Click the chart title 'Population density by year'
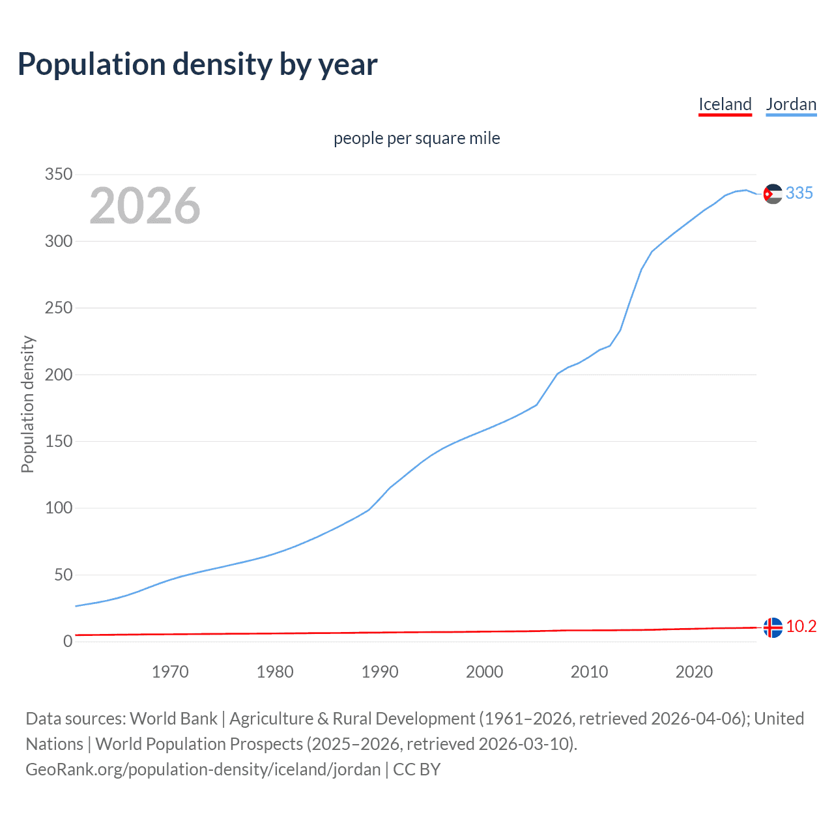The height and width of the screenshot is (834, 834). point(197,65)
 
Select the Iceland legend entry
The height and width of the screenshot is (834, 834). point(725,104)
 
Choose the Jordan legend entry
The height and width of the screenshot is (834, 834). point(791,104)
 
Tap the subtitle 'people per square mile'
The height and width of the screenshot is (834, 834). point(416,138)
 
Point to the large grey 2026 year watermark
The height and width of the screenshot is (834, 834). point(145,206)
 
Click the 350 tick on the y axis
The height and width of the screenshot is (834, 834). point(58,175)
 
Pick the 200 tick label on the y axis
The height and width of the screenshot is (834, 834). point(58,375)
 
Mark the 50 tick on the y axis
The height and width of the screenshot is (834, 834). point(63,575)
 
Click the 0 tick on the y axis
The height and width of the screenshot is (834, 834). point(68,642)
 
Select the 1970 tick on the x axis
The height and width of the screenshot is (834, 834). point(170,672)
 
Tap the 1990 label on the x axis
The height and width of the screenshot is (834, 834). point(380,672)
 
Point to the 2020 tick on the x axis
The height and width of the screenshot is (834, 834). point(694,672)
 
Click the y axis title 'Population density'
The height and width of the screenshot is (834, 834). point(27,404)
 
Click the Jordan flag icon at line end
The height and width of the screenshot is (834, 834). point(773,194)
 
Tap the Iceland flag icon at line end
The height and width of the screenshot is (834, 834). point(773,627)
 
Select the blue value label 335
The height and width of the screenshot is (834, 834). point(799,193)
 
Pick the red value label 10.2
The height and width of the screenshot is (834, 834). point(801,626)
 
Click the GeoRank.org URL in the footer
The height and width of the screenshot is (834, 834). point(203,769)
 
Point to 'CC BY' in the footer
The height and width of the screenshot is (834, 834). point(417,769)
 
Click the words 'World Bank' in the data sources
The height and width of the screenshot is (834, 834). point(173,719)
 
